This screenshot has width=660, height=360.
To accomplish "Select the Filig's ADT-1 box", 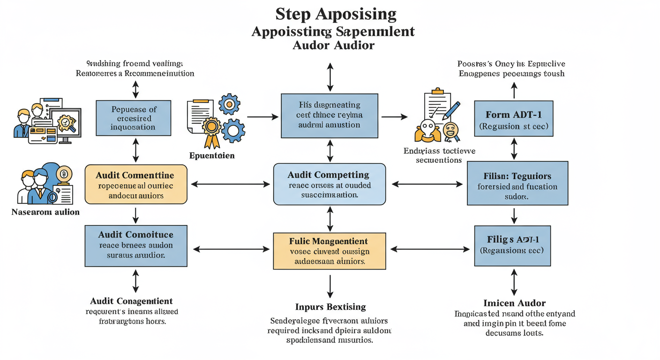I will click(512, 245).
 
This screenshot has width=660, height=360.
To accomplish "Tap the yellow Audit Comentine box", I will click(135, 185).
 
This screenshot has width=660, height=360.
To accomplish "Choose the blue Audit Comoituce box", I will click(135, 245).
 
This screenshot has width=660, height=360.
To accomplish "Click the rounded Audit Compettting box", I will click(329, 184).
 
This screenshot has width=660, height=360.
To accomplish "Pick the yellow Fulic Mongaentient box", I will click(329, 251).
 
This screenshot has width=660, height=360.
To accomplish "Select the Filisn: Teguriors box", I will click(517, 183).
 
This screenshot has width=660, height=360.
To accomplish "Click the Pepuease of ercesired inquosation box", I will click(134, 117).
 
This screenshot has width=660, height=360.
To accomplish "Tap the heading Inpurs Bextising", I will click(330, 307).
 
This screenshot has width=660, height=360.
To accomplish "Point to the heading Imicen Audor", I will click(514, 303).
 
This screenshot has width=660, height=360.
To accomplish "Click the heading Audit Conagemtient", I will click(131, 301).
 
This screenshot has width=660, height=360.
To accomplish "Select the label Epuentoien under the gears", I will click(212, 155).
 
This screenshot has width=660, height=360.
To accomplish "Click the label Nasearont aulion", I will click(45, 212).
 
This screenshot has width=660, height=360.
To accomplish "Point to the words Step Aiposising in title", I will click(336, 14).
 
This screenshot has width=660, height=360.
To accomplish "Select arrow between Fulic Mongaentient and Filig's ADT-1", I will click(430, 249).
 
